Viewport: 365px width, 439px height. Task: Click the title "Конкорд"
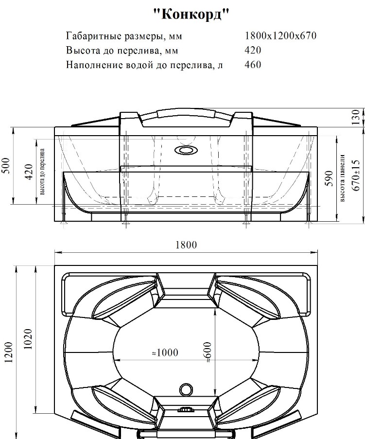[191, 14]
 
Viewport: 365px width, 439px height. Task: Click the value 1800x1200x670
[280, 36]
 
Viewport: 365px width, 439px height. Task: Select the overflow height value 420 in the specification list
[253, 50]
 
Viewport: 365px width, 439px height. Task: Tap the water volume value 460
[253, 65]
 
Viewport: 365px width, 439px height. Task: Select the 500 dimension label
[6, 165]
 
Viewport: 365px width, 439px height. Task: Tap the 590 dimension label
[330, 178]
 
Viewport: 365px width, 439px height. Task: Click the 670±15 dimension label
[355, 176]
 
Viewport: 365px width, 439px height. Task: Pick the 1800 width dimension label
[186, 245]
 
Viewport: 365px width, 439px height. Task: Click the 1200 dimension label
[9, 352]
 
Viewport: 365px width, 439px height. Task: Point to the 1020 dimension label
[28, 339]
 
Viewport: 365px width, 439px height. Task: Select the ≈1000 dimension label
[165, 352]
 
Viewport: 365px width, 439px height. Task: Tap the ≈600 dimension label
[208, 352]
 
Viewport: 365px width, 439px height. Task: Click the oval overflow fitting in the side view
[186, 150]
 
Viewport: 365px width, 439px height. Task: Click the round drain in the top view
[186, 389]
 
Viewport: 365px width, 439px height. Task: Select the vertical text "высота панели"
[343, 178]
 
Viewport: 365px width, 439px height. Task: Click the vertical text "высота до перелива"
[42, 172]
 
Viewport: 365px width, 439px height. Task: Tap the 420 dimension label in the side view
[29, 172]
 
